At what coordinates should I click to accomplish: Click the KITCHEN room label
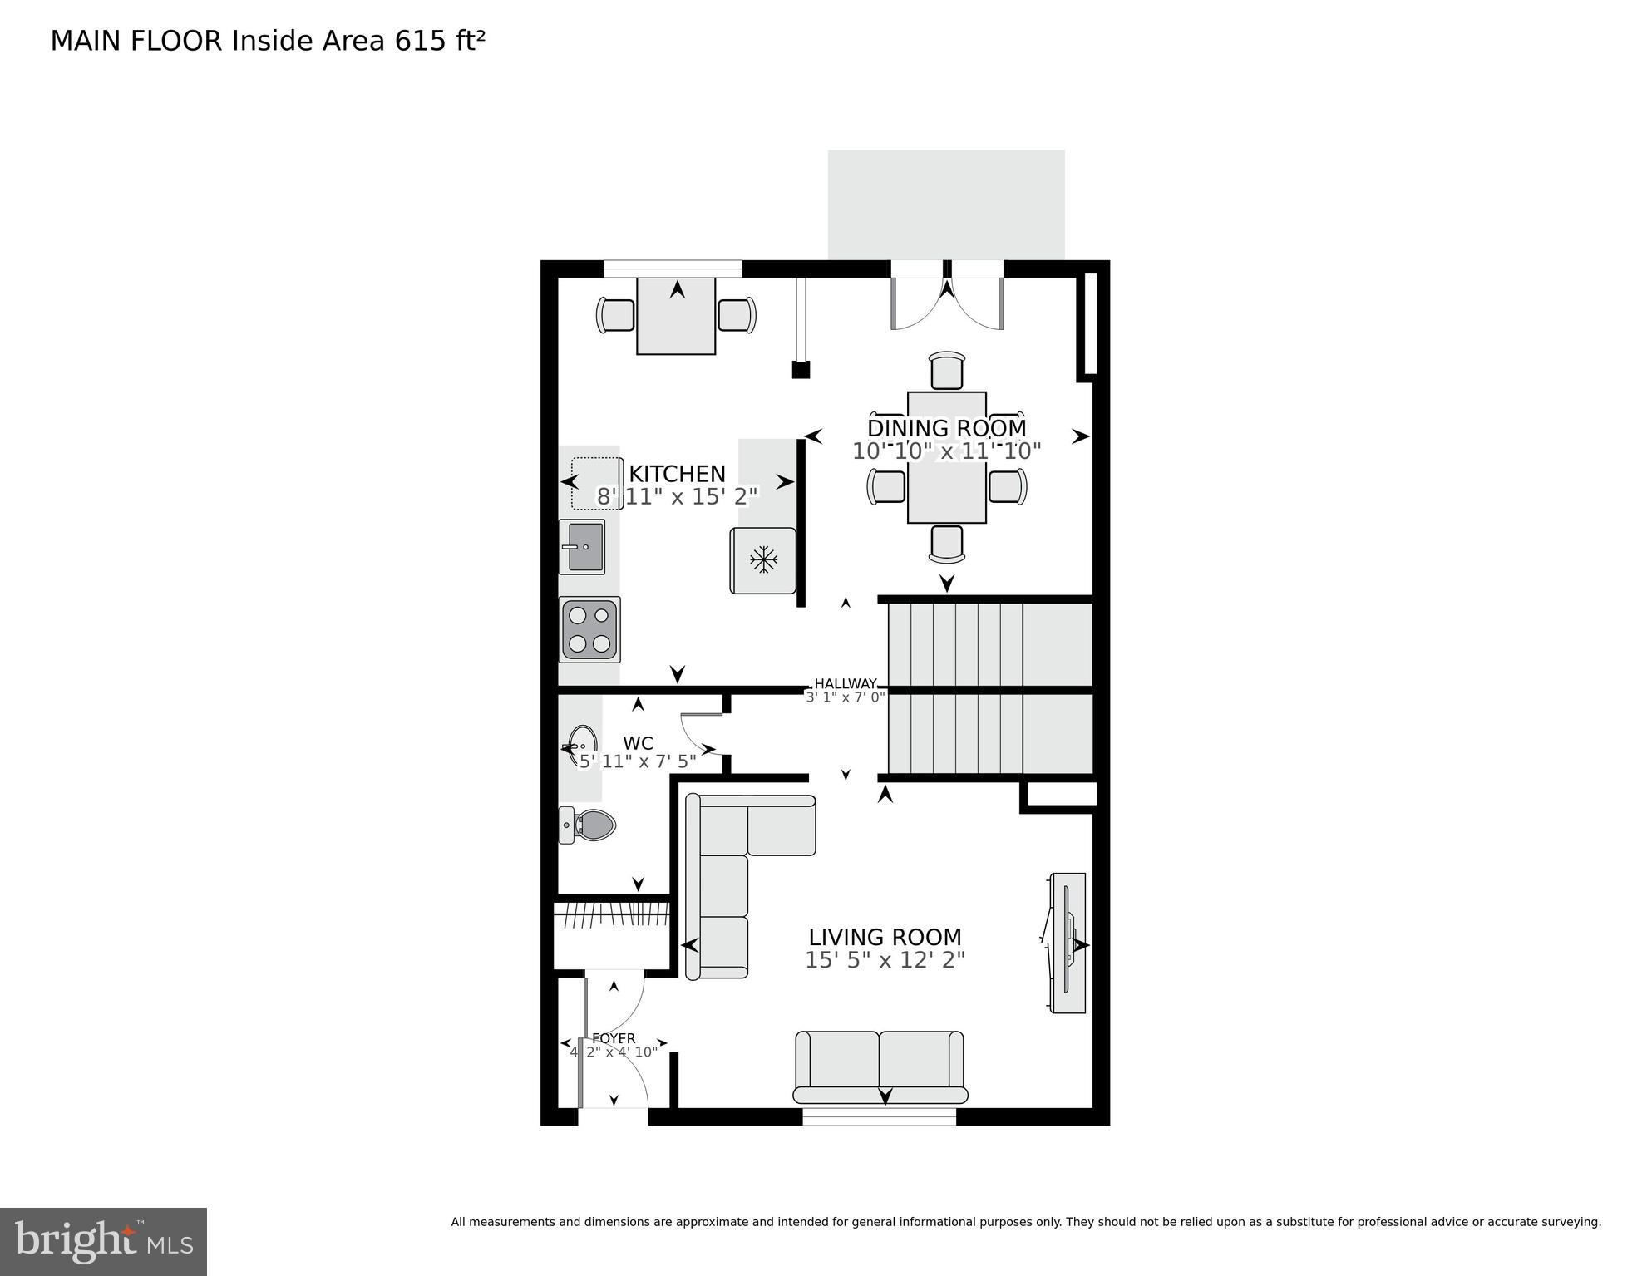pyautogui.click(x=677, y=474)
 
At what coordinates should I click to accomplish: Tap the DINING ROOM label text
pyautogui.click(x=946, y=428)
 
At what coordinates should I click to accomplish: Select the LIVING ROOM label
pyautogui.click(x=885, y=937)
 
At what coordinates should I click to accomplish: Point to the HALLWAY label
pyautogui.click(x=845, y=683)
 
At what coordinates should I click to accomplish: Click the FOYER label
pyautogui.click(x=614, y=1038)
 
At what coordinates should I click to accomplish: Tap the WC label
pyautogui.click(x=638, y=743)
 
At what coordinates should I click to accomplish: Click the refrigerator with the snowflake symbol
pyautogui.click(x=762, y=560)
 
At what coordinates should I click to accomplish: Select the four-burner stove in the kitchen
pyautogui.click(x=589, y=629)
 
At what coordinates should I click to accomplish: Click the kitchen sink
pyautogui.click(x=582, y=546)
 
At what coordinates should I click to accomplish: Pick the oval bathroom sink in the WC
pyautogui.click(x=582, y=745)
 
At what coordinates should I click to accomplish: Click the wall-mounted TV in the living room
pyautogui.click(x=1068, y=943)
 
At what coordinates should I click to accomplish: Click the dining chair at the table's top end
pyautogui.click(x=947, y=371)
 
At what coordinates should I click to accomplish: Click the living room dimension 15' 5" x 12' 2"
pyautogui.click(x=885, y=960)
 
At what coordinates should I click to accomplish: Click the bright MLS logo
pyautogui.click(x=103, y=1242)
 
